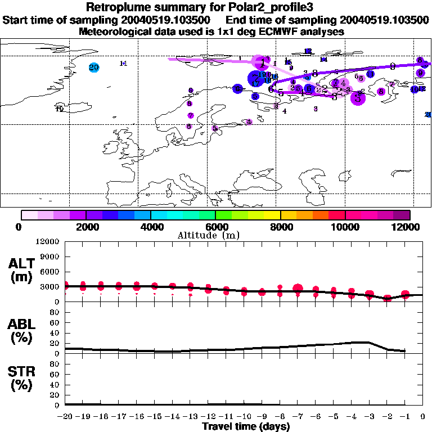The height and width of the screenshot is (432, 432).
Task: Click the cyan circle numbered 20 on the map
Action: point(94,67)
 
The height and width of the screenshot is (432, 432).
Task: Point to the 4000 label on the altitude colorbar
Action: point(151,227)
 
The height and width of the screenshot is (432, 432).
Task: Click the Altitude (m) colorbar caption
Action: point(217,235)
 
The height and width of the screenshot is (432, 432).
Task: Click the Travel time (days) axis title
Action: point(246,427)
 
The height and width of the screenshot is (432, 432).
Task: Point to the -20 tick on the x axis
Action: point(65,417)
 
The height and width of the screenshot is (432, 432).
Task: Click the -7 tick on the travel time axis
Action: point(298,417)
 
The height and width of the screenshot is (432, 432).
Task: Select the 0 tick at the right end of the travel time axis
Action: point(423,417)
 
